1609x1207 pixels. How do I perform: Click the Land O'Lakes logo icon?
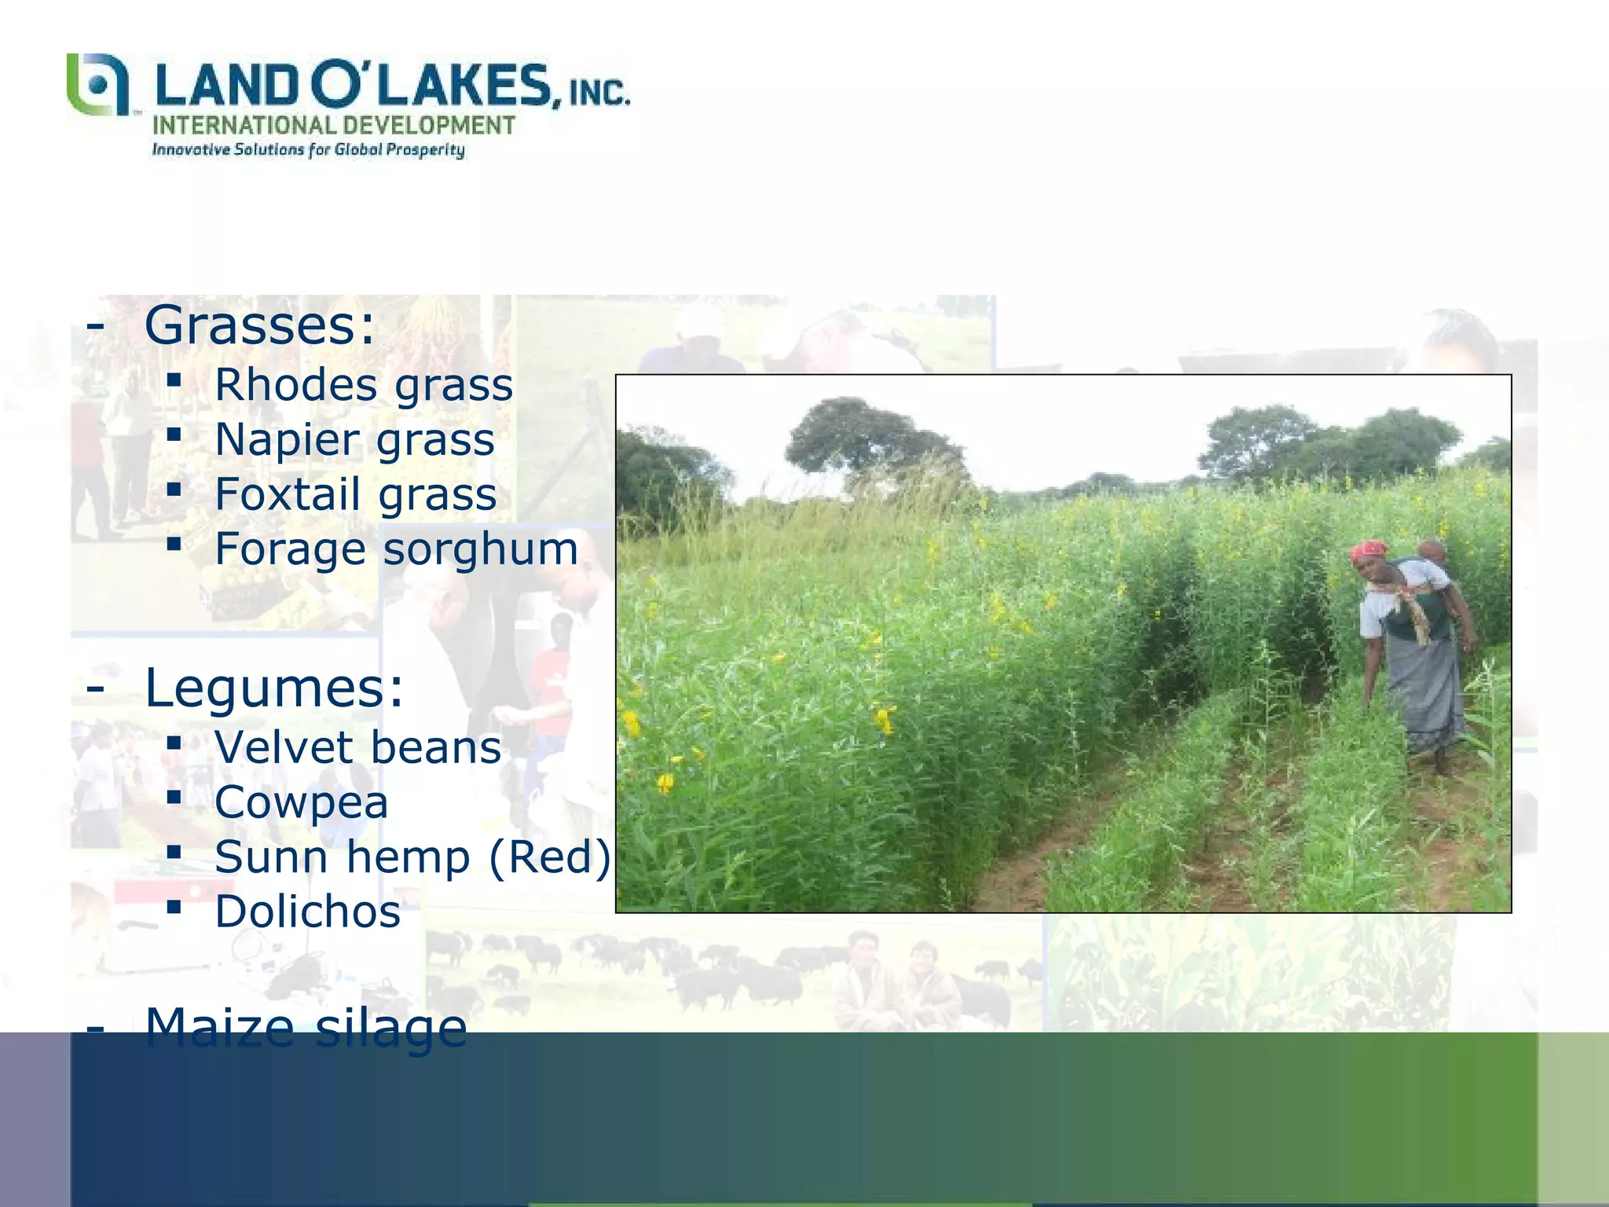97,85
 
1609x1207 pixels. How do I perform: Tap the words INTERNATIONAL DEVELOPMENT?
333,126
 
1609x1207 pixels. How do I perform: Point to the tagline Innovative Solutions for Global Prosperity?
308,150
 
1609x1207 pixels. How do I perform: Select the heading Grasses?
259,325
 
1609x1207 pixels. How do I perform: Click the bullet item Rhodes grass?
364,385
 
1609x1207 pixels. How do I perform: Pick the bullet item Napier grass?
354,439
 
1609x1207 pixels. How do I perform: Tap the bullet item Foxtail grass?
356,494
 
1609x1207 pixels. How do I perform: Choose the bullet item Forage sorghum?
396,548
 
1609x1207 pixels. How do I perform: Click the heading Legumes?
273,687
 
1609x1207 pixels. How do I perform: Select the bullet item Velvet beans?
357,747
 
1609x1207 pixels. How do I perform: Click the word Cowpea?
302,802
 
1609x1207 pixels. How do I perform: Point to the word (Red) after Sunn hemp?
550,857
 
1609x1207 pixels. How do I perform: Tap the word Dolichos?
308,912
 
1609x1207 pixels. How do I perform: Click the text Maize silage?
306,1026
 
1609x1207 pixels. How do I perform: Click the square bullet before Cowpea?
174,798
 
